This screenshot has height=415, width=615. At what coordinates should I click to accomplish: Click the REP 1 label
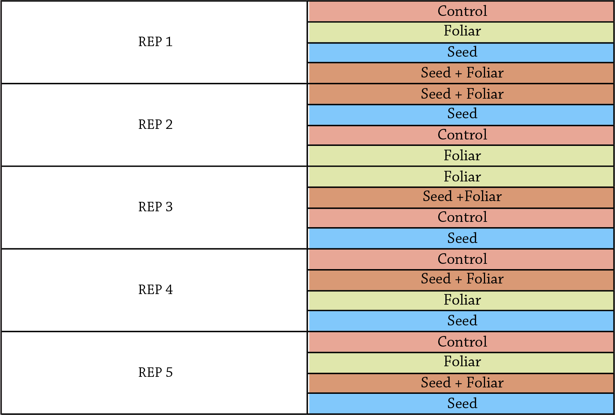155,42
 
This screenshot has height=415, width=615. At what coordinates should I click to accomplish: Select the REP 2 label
155,124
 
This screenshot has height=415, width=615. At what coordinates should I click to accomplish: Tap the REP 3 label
155,207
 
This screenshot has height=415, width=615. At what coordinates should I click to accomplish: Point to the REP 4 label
155,290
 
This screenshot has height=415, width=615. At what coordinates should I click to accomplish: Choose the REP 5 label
155,372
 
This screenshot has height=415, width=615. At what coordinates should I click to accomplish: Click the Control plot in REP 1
461,11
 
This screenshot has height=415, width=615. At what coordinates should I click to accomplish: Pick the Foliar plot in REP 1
461,33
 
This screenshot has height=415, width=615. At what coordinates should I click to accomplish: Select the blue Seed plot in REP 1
461,53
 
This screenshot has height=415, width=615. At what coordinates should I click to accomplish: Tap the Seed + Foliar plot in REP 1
461,73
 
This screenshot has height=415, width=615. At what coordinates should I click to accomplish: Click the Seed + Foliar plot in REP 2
461,94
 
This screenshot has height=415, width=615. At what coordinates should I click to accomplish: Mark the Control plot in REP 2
461,135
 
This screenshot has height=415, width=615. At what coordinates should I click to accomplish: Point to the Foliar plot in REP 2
461,156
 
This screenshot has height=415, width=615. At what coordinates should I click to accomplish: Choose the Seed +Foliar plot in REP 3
461,197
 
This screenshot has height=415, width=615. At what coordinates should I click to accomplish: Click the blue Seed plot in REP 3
461,238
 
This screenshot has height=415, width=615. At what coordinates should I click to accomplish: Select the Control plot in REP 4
461,259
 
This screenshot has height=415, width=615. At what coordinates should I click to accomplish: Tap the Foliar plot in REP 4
461,301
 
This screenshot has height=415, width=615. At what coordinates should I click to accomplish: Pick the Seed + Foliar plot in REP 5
461,383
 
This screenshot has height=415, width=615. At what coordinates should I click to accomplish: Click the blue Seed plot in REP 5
461,403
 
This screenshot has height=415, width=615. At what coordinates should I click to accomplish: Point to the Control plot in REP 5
461,342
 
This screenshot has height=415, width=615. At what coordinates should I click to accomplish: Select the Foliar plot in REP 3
461,177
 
